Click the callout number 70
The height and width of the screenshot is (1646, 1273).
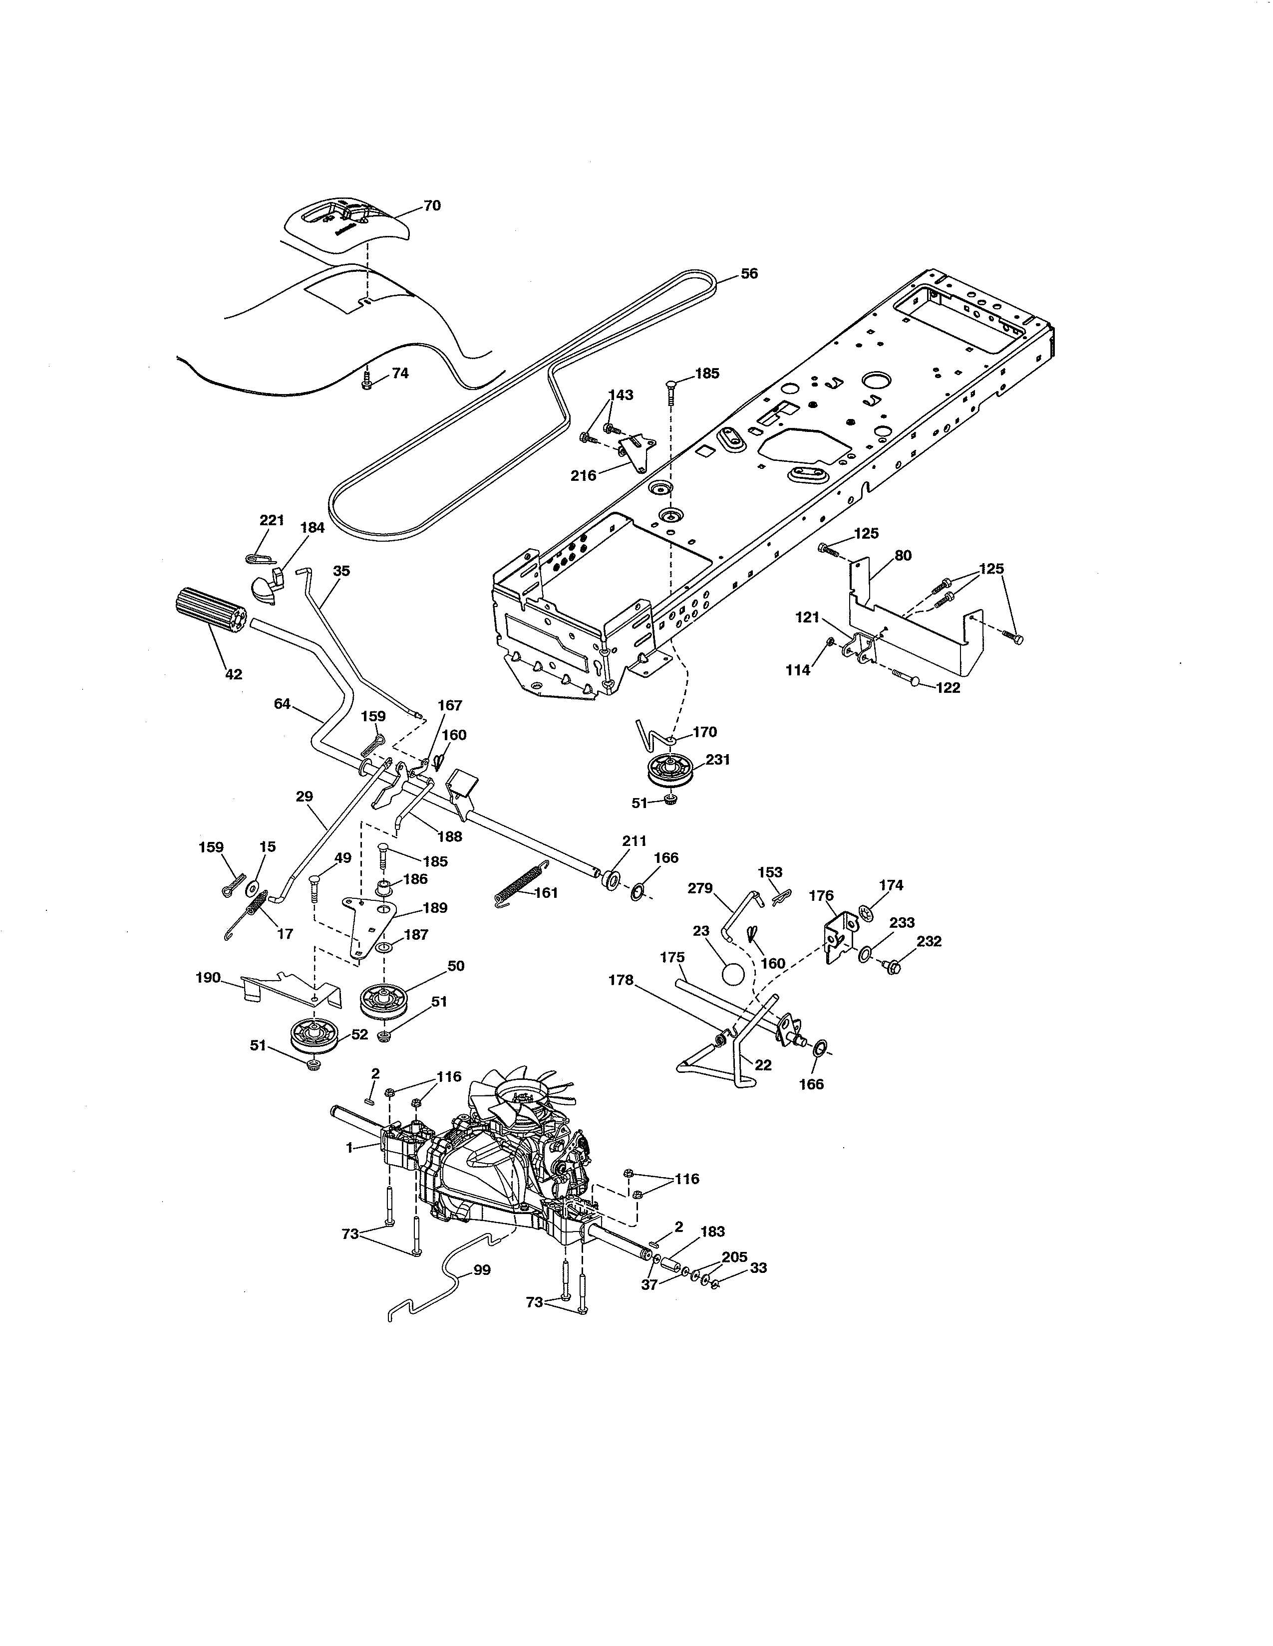(432, 206)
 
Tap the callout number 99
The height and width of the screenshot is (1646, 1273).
(481, 1270)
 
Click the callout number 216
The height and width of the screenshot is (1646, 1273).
(583, 475)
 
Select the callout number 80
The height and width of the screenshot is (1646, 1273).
(903, 556)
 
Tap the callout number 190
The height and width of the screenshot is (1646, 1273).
(208, 978)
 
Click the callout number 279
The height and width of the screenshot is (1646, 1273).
(700, 888)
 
